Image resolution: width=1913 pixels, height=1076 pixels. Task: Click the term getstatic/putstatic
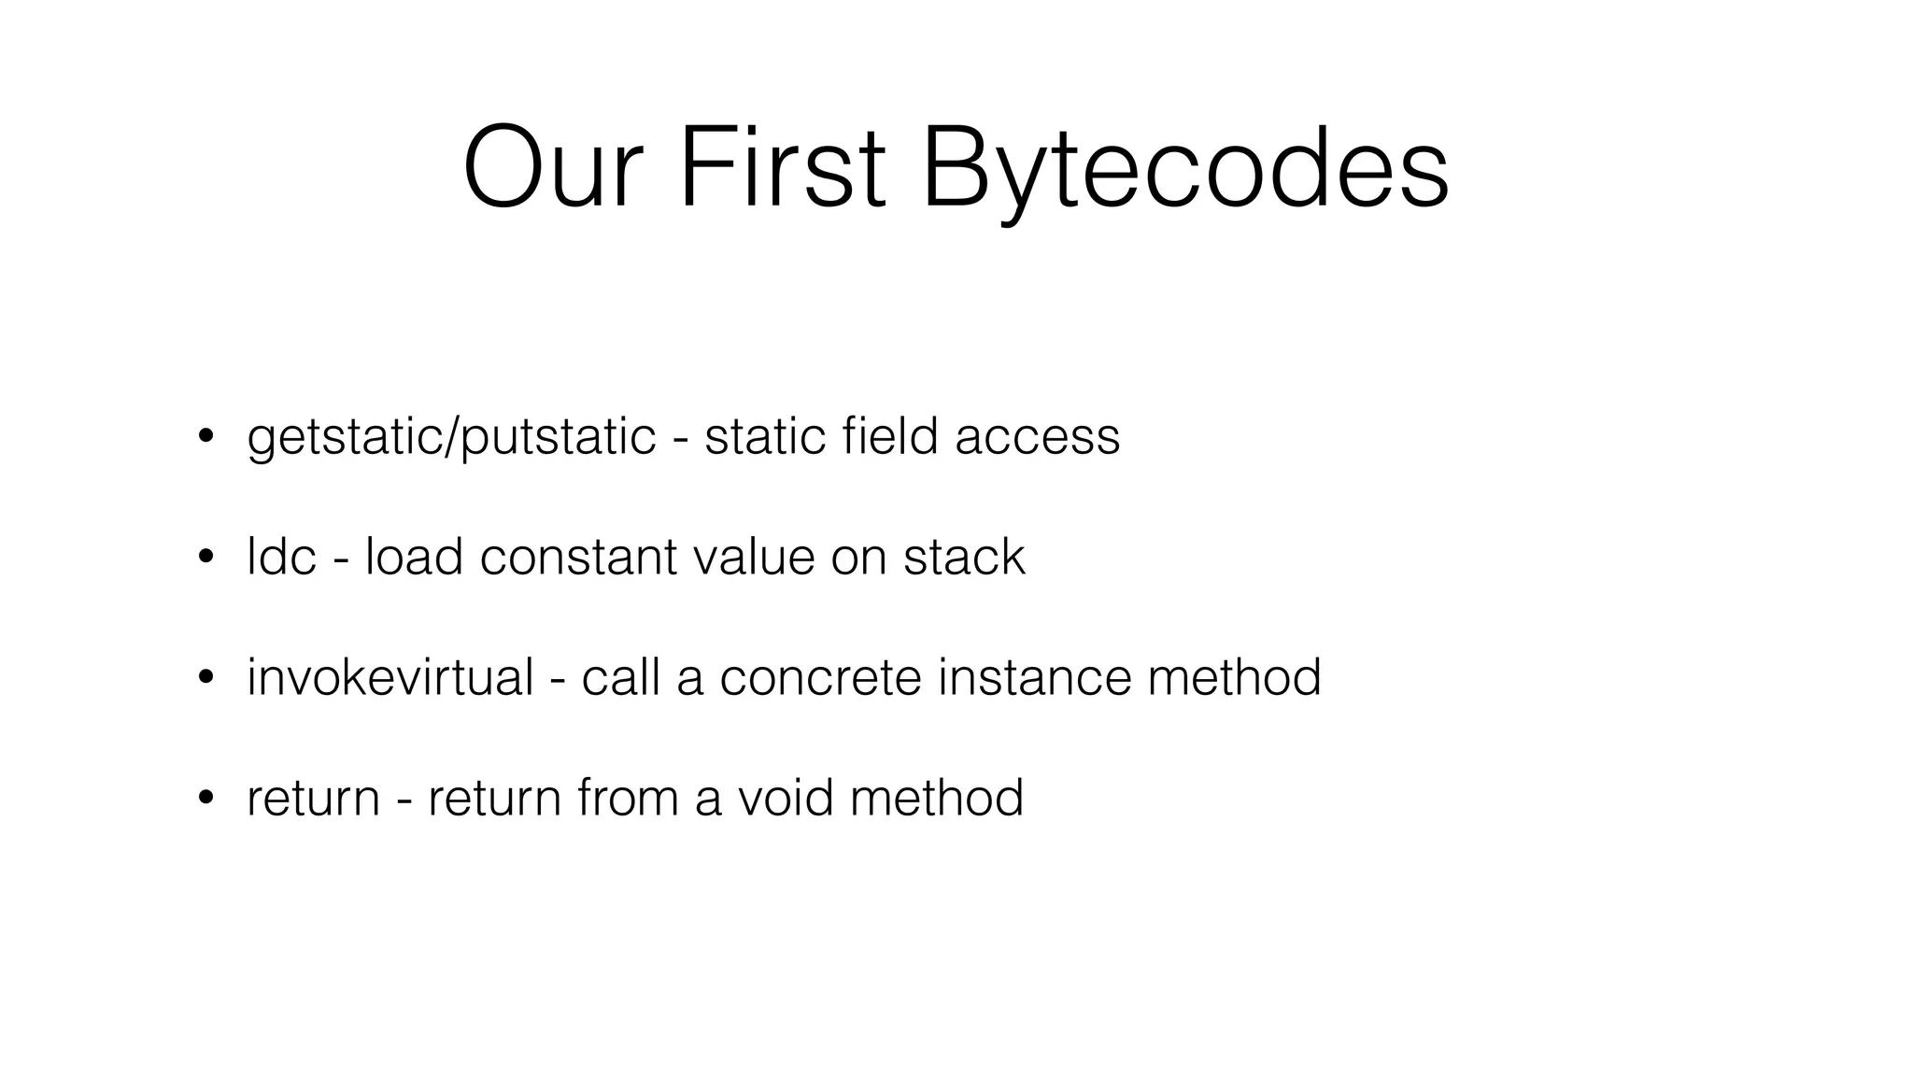(451, 438)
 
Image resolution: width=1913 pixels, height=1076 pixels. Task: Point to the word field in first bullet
(889, 436)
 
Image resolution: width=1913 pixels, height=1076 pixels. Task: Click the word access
(1037, 438)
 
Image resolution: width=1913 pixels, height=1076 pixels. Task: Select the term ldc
(281, 557)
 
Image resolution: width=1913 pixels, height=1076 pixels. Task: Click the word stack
(964, 557)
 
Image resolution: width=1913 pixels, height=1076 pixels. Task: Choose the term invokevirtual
(390, 677)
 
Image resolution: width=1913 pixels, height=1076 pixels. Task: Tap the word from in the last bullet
(628, 798)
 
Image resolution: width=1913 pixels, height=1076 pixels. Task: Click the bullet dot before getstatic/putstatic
(205, 436)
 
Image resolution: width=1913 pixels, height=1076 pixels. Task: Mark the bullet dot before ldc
(205, 557)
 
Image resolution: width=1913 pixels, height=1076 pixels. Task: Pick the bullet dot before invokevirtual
(205, 677)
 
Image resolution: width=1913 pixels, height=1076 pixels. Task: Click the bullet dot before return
(205, 798)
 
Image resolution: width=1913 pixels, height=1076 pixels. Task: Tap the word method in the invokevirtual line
(1234, 677)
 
